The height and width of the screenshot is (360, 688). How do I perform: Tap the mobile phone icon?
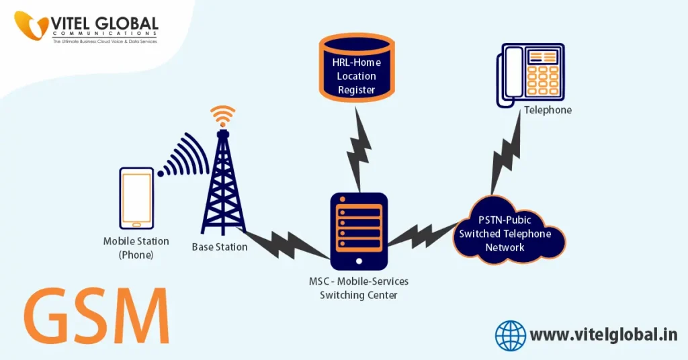(136, 197)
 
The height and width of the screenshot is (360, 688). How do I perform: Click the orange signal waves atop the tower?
(222, 116)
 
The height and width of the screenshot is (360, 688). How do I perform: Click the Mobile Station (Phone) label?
(136, 248)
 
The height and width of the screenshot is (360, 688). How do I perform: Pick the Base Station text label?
(220, 246)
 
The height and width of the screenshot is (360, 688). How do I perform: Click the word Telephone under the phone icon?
(548, 109)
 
